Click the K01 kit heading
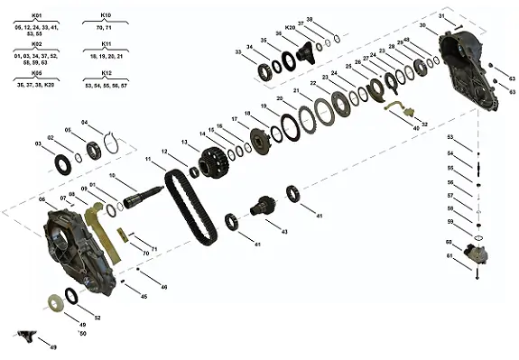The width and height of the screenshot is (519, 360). [36, 15]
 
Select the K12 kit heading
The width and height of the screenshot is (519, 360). [107, 71]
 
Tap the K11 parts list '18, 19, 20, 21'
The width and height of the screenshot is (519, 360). [107, 55]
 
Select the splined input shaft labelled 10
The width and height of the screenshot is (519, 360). [144, 193]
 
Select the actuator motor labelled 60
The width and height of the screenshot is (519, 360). [477, 253]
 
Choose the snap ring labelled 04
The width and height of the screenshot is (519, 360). [109, 141]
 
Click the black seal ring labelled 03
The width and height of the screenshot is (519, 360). [63, 164]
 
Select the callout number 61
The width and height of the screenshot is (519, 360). [449, 256]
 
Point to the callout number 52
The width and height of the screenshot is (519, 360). [97, 318]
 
